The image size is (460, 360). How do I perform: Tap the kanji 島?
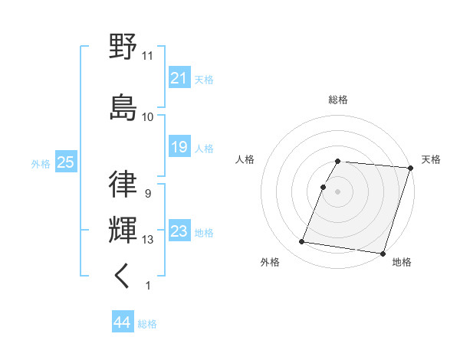[123, 106]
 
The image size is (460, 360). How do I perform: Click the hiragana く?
[123, 275]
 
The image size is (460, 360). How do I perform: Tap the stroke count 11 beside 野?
[148, 55]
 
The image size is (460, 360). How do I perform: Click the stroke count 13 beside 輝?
[148, 240]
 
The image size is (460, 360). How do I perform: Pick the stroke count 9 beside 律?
[147, 194]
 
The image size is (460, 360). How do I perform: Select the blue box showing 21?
[179, 78]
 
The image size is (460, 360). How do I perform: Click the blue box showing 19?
[179, 147]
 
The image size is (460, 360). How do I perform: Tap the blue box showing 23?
[179, 231]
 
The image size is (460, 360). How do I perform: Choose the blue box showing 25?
[65, 162]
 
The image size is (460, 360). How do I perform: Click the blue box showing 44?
[122, 322]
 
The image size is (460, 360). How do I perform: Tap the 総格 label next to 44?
[147, 324]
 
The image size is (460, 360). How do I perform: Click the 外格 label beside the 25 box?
[41, 163]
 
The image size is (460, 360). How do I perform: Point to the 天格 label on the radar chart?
[431, 159]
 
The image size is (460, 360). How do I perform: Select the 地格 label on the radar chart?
[402, 262]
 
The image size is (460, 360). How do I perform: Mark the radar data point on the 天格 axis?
[409, 168]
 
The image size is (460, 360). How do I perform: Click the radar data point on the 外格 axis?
[302, 242]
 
